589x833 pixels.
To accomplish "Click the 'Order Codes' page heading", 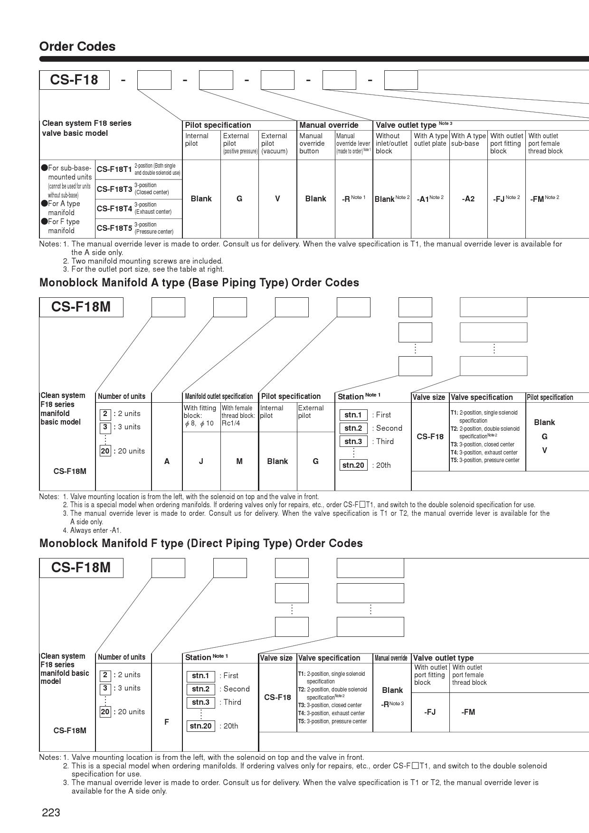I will click(x=77, y=47).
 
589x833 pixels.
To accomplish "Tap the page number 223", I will click(x=51, y=813).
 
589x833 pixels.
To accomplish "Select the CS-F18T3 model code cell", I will click(x=114, y=189).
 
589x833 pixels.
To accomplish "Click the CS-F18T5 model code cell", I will click(x=114, y=228).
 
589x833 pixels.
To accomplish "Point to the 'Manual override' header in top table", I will click(x=329, y=125).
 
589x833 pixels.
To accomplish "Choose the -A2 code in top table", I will click(x=468, y=199).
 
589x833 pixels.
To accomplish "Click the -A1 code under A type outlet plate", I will click(x=424, y=199).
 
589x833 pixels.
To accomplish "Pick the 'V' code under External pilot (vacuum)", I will click(x=277, y=199).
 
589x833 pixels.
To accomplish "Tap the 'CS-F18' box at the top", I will click(x=74, y=80).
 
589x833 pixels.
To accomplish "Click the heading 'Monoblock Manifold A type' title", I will click(x=199, y=283).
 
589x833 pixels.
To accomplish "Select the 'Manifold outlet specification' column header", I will click(x=218, y=397).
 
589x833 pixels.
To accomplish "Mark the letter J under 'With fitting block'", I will click(x=201, y=461).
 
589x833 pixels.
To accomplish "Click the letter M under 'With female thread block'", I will click(x=239, y=461).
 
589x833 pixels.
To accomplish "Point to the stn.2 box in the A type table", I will click(x=353, y=428).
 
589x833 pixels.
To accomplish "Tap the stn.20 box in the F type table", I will click(x=200, y=726).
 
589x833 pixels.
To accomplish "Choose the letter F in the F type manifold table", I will click(x=167, y=722).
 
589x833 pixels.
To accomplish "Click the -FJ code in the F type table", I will click(x=430, y=712).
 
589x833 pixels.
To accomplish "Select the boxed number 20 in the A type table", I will click(x=105, y=451).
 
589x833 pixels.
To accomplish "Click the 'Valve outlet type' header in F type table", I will click(x=443, y=658).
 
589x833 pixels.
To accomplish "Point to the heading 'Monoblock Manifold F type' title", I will click(x=201, y=543).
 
